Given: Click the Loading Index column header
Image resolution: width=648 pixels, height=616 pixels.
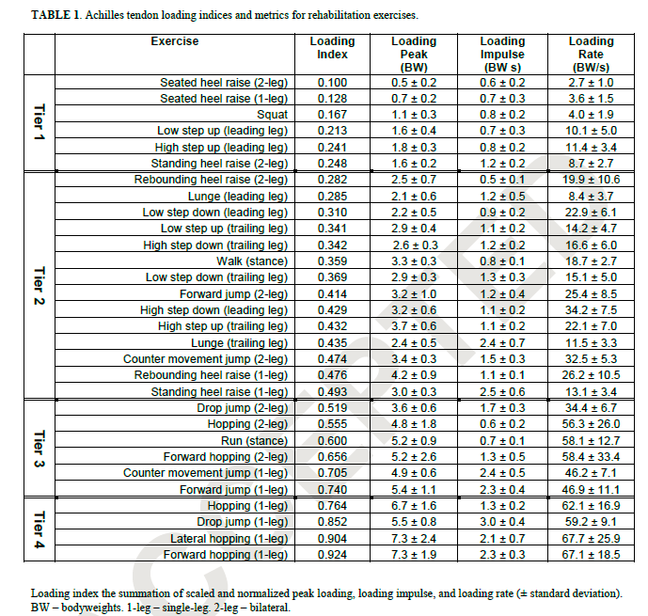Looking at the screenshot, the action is pyautogui.click(x=332, y=48).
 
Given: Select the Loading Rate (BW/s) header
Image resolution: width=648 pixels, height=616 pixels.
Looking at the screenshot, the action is pyautogui.click(x=591, y=55).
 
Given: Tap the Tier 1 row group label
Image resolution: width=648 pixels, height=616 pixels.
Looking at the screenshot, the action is pyautogui.click(x=39, y=123).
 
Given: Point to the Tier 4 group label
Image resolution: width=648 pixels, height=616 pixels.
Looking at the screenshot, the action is pyautogui.click(x=39, y=529).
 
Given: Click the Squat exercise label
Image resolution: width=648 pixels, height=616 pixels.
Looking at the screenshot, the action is pyautogui.click(x=272, y=115).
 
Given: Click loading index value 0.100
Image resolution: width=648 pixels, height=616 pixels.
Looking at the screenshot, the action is pyautogui.click(x=332, y=83).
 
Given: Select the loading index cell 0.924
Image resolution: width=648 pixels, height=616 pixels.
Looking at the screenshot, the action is pyautogui.click(x=332, y=554).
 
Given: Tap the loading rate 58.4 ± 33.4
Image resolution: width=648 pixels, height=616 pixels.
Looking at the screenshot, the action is pyautogui.click(x=591, y=456).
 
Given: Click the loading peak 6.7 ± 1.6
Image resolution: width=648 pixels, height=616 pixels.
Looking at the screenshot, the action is pyautogui.click(x=414, y=505).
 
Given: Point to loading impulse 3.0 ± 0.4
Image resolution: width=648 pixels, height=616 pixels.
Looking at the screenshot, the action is pyautogui.click(x=502, y=522).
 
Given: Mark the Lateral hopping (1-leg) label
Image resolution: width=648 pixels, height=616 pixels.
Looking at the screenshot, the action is pyautogui.click(x=229, y=538).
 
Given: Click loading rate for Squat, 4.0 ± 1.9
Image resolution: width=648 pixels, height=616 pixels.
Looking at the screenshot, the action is pyautogui.click(x=591, y=115).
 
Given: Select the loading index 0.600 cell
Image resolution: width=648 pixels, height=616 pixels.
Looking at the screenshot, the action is pyautogui.click(x=332, y=439).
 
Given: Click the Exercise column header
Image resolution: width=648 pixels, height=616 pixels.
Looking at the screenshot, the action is pyautogui.click(x=174, y=41).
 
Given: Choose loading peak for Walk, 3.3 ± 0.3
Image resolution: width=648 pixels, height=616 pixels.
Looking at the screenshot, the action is pyautogui.click(x=414, y=261).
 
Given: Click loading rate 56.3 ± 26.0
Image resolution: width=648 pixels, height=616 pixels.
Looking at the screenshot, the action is pyautogui.click(x=591, y=423).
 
